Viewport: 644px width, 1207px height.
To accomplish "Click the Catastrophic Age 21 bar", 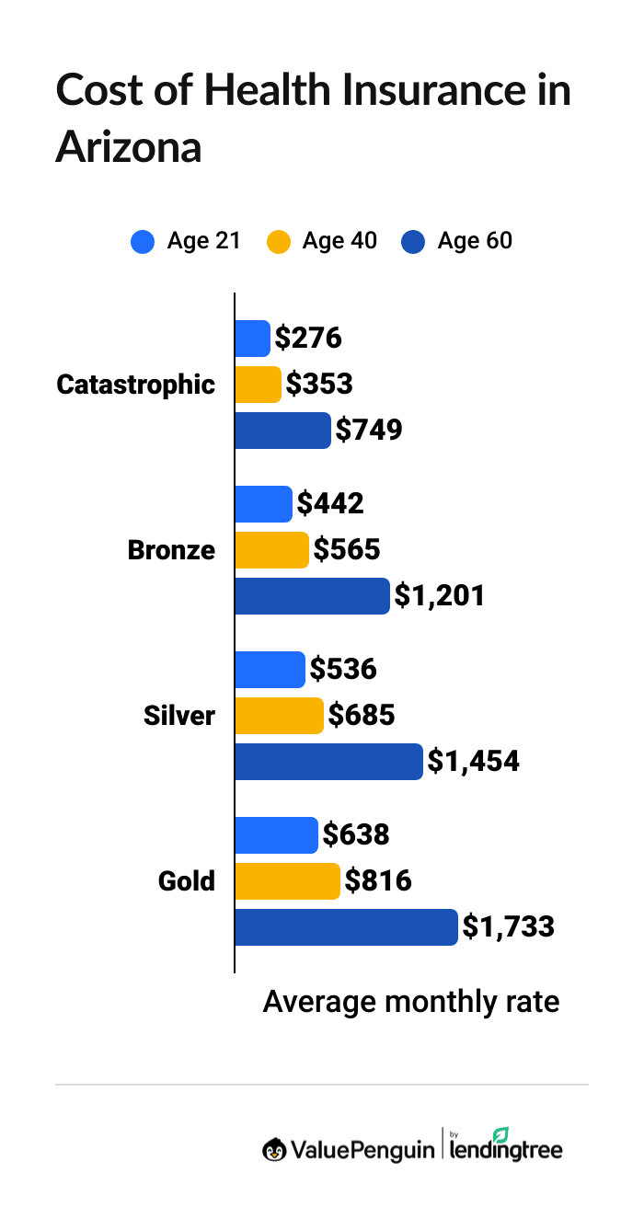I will [x=252, y=339].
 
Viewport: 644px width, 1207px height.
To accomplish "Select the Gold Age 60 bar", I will [x=346, y=927].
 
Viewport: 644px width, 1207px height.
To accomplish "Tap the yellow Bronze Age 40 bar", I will [x=271, y=550].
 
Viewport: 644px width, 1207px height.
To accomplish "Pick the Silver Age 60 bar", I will [x=328, y=762].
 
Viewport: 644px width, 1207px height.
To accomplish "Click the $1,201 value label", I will [x=439, y=596].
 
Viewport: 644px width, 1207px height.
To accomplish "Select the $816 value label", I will [x=378, y=881].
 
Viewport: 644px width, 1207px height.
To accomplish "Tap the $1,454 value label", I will [x=473, y=762].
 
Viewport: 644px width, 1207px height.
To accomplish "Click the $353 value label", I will [x=319, y=385].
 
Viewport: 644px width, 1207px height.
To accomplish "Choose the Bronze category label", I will [x=171, y=550].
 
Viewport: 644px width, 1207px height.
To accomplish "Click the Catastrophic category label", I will [x=135, y=385].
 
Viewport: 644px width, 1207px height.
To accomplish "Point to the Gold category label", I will [x=187, y=881].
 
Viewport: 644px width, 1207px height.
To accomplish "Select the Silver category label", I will [x=179, y=716].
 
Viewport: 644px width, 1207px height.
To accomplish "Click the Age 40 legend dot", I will [x=278, y=242].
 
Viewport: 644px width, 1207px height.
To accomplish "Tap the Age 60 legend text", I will [x=475, y=241].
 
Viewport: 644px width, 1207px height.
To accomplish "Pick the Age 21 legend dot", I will [x=143, y=242].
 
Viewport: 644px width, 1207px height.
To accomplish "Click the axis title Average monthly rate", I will [x=411, y=1001].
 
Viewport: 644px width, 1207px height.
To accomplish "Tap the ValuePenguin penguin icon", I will [x=273, y=1149].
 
